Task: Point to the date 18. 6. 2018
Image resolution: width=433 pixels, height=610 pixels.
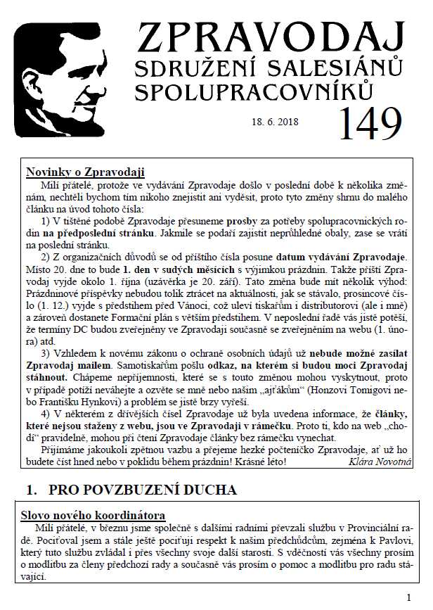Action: [x=275, y=122]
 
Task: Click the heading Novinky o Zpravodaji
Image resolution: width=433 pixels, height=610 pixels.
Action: [x=85, y=172]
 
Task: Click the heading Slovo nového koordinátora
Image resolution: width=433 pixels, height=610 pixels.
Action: [x=95, y=516]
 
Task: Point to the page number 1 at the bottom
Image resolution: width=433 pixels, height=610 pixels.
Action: [x=408, y=598]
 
